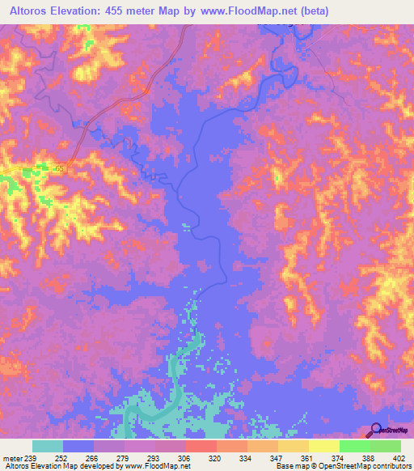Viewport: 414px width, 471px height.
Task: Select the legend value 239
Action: (x=31, y=457)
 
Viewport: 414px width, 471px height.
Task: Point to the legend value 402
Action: (x=398, y=457)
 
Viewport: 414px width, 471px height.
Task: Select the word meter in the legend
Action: (x=13, y=457)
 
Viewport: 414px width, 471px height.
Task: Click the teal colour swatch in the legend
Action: (x=48, y=446)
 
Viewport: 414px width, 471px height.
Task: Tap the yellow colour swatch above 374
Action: (x=323, y=446)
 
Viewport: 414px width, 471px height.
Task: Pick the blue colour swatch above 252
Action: (x=78, y=446)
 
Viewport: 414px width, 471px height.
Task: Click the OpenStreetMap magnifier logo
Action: (x=375, y=430)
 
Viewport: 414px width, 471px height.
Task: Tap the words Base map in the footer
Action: (x=287, y=467)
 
